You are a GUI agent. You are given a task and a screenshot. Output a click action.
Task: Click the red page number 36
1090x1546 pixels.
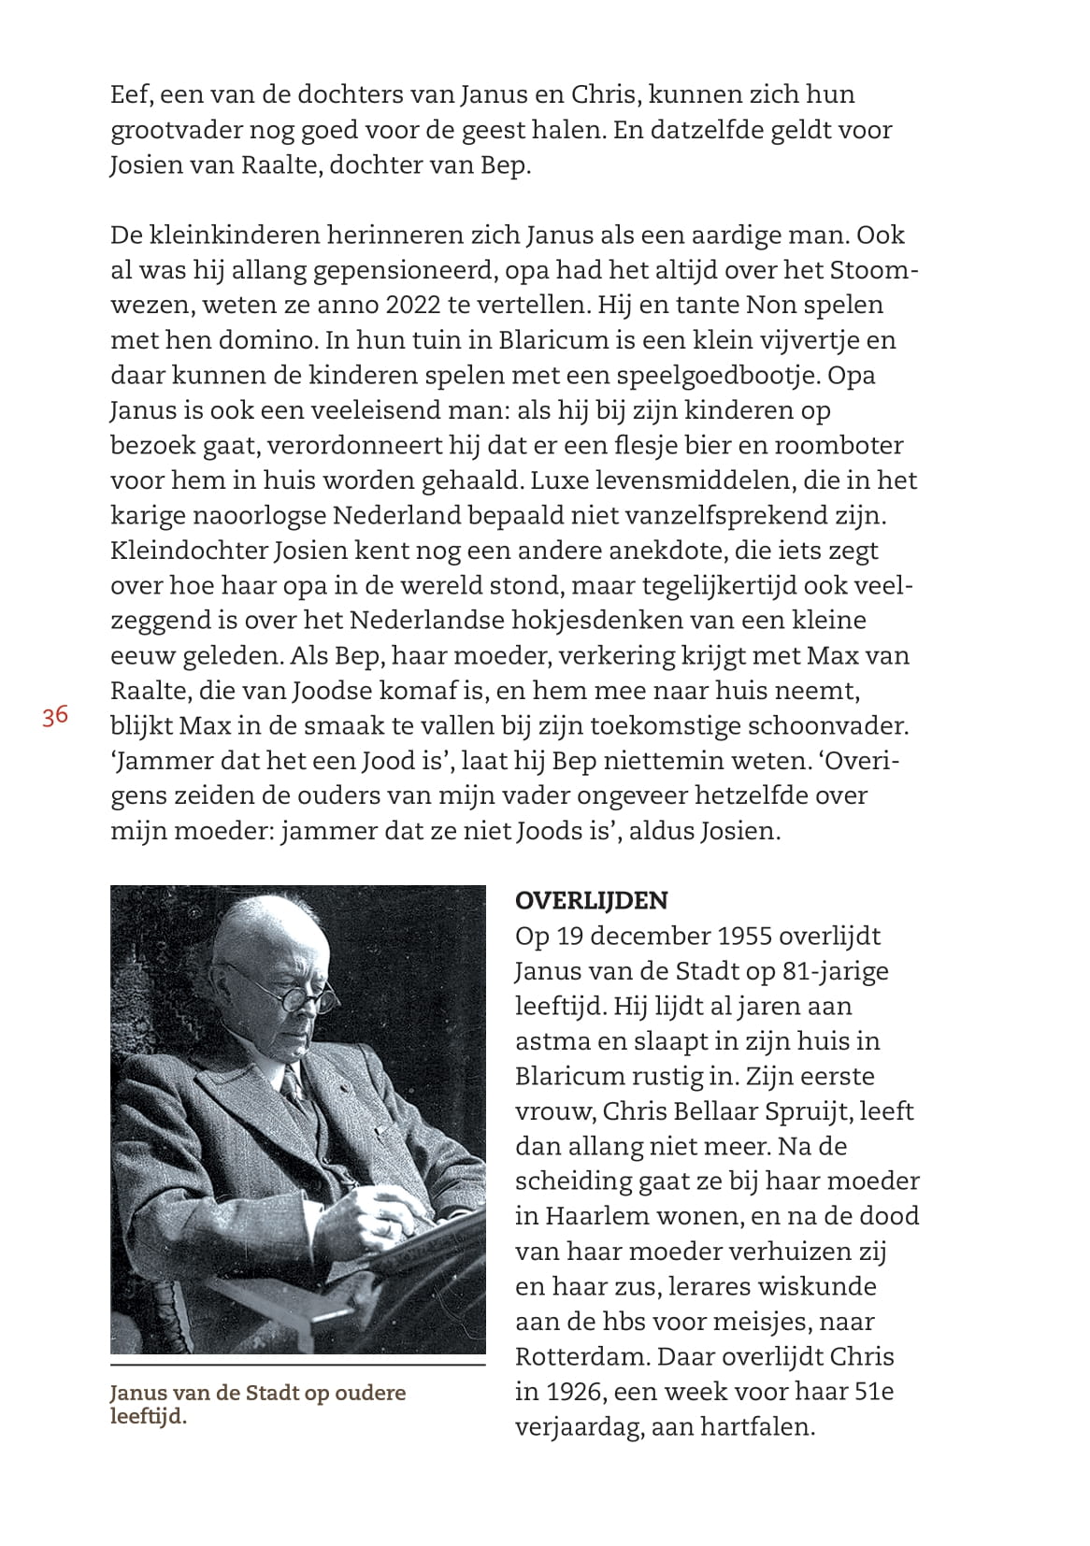coord(54,716)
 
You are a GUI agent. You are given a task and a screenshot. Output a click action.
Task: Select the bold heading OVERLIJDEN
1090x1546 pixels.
coord(591,901)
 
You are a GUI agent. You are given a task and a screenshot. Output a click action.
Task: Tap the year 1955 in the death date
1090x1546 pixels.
coord(742,937)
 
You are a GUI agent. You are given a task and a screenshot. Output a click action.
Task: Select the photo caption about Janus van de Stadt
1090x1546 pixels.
coord(257,1403)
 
